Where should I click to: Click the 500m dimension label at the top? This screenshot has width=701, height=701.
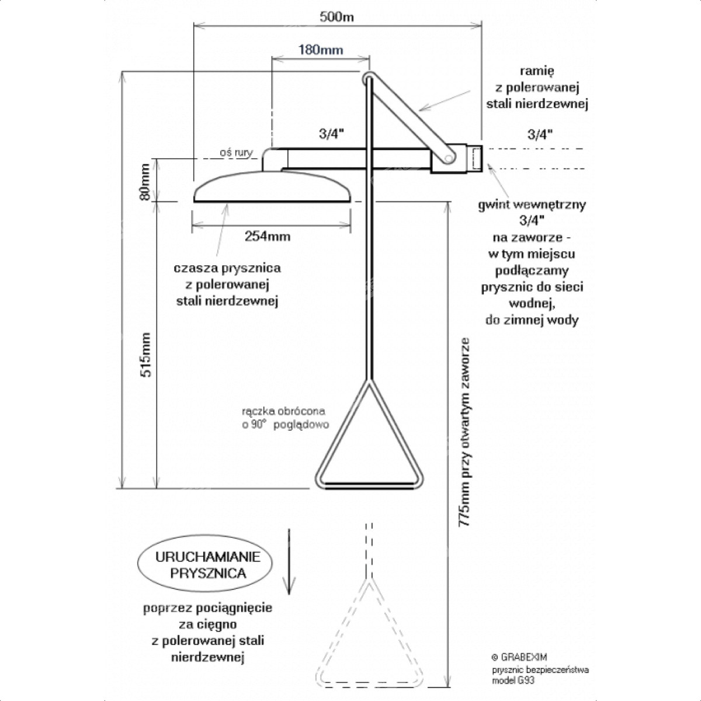337,16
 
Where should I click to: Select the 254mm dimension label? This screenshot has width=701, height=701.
268,236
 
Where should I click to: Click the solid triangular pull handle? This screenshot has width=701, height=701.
369,444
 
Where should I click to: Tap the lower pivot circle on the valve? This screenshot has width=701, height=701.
449,158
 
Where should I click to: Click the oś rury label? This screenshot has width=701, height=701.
236,153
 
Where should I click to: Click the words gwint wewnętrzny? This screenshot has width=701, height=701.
532,205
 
